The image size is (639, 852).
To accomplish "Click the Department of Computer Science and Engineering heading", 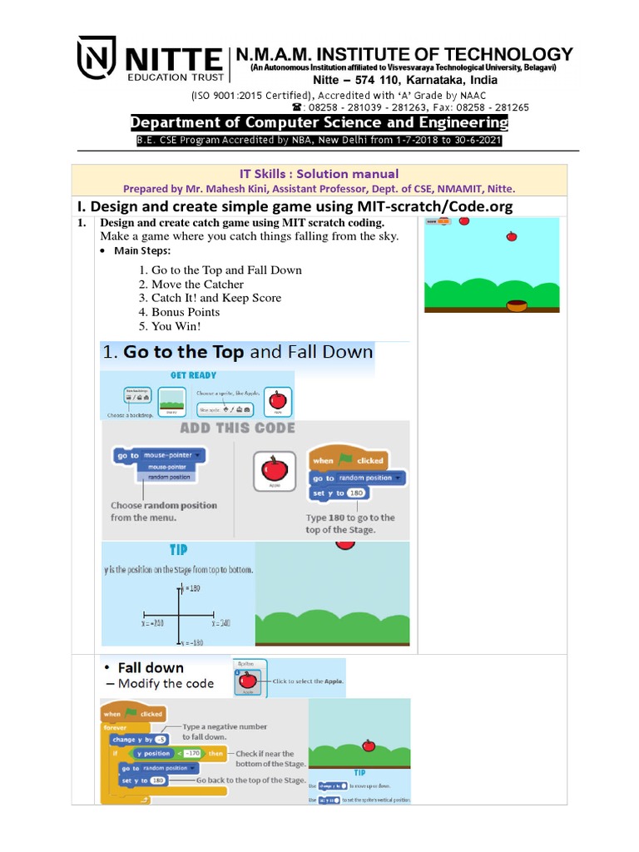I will click(x=319, y=123).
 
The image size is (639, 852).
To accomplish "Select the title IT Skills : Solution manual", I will click(x=319, y=174).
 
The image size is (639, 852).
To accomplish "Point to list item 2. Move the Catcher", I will click(x=191, y=285).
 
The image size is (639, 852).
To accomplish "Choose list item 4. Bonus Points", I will click(x=180, y=312).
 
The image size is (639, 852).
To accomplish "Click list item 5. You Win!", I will click(x=171, y=326).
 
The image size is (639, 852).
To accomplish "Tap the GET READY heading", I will click(x=193, y=375).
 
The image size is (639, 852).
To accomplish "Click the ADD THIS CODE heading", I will click(x=237, y=428).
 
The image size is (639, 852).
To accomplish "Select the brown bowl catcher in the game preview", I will click(x=517, y=305).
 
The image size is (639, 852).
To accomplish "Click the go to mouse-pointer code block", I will click(x=158, y=456).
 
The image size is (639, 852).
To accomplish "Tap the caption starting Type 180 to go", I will click(x=350, y=523).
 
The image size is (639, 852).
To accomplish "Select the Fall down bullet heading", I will click(x=150, y=667).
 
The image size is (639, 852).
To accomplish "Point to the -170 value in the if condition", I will click(x=193, y=753).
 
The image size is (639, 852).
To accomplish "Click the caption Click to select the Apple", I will click(x=309, y=681).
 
